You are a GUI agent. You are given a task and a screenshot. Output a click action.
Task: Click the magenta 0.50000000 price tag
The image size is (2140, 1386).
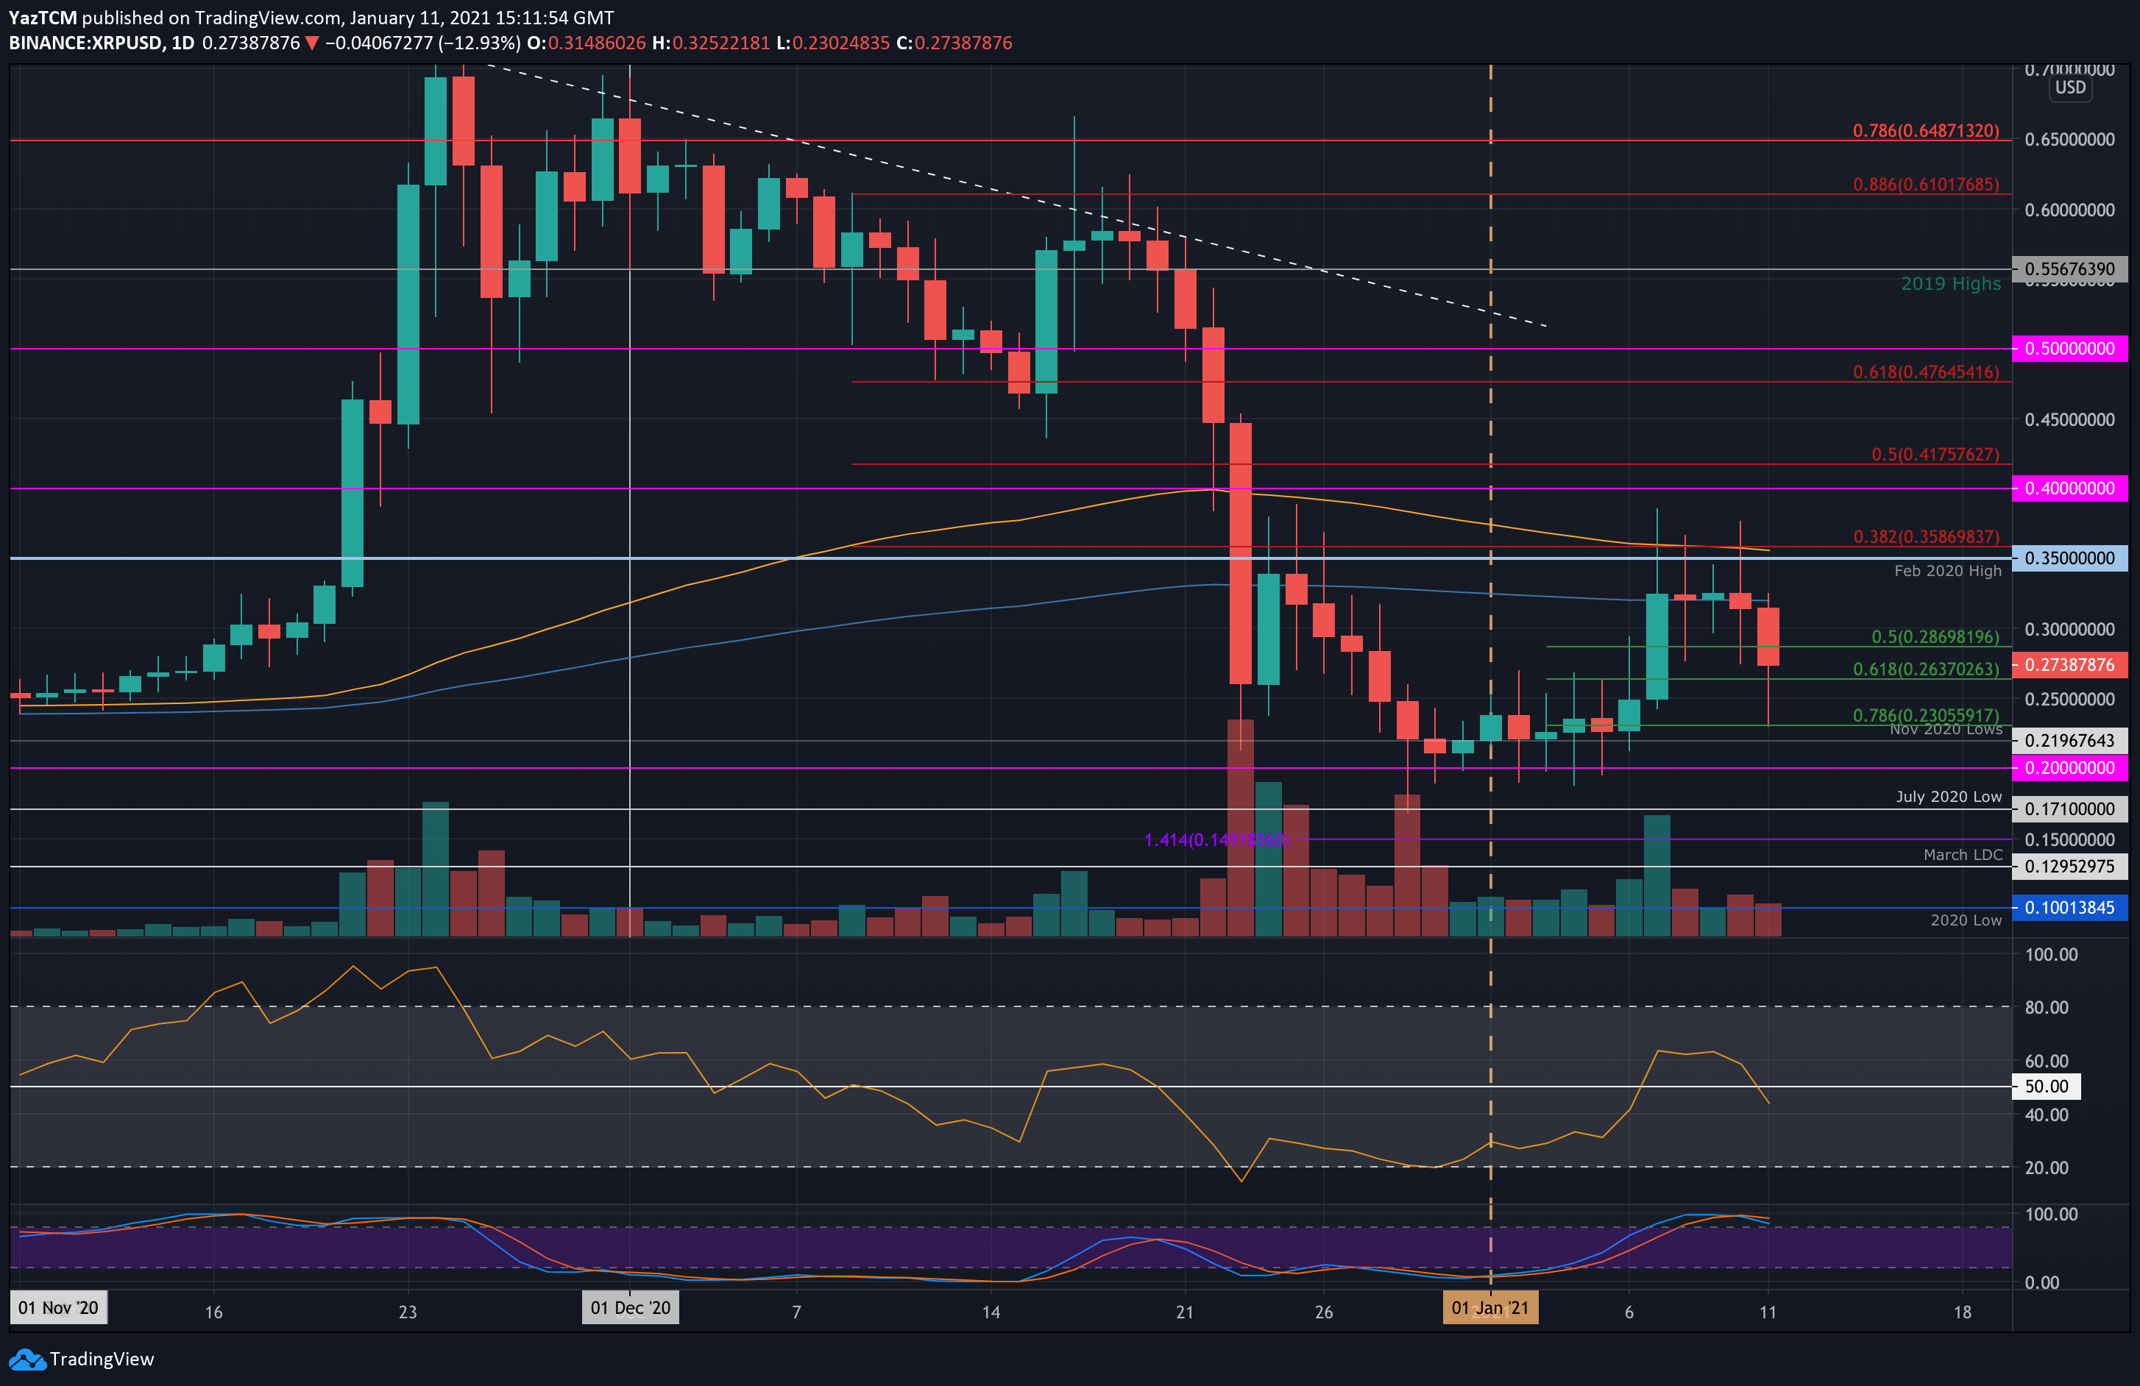click(2069, 349)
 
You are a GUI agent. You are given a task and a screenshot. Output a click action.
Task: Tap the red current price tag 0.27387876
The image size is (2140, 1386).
click(2069, 665)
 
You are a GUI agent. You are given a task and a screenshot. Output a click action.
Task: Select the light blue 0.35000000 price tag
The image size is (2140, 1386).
click(2069, 558)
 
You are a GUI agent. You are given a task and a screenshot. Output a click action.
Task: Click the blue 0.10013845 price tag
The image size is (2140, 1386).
click(2069, 908)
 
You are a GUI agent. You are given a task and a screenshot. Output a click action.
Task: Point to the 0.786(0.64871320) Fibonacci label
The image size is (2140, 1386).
click(1925, 131)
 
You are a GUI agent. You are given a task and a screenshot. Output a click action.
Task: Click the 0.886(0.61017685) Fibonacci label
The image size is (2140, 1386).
click(1925, 184)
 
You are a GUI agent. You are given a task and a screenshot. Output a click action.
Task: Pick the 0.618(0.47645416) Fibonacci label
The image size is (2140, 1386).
click(1925, 372)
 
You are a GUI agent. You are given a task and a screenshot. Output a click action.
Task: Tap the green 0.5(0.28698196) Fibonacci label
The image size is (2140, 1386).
click(1935, 637)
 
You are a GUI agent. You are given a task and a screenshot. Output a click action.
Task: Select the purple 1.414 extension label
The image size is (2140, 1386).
click(1216, 840)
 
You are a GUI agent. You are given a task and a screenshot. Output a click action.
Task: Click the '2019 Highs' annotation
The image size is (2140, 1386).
click(1950, 284)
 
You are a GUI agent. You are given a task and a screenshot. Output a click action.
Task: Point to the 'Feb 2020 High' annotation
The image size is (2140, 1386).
click(1948, 571)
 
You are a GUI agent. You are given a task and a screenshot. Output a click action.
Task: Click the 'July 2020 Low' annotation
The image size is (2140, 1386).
click(1949, 797)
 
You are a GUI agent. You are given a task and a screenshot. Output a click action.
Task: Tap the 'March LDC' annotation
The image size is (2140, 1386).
click(1963, 855)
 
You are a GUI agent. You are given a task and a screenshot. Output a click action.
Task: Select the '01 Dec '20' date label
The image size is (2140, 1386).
click(631, 1308)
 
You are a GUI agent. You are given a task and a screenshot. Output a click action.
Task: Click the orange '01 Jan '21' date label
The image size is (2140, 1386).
click(1490, 1308)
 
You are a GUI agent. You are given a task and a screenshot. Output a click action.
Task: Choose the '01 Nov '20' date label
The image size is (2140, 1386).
click(58, 1308)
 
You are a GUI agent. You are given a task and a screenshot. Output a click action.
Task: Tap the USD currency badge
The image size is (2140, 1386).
click(2070, 88)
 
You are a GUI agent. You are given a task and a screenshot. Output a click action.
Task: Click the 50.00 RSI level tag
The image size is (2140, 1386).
click(2046, 1087)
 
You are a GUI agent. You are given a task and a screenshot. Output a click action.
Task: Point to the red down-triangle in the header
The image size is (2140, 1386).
click(312, 43)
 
